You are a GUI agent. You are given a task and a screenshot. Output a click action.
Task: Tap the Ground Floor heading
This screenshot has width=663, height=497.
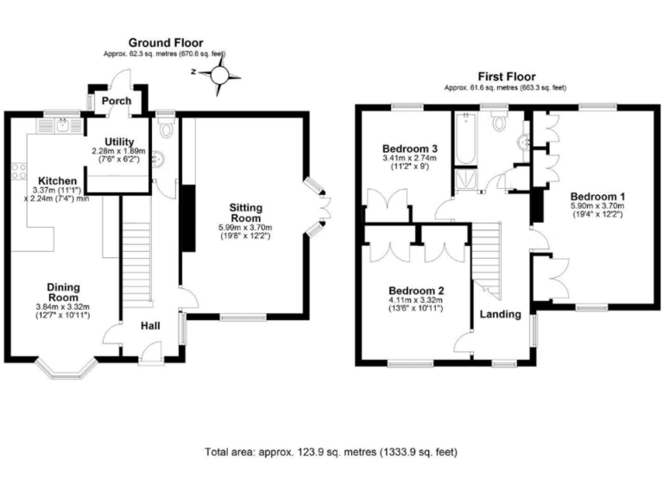coord(165,42)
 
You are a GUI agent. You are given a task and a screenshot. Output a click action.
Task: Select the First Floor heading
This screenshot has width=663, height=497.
coord(505,76)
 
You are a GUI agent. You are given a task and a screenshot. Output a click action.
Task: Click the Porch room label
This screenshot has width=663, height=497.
coord(117,101)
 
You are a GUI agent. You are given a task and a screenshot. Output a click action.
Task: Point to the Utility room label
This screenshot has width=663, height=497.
coord(118,141)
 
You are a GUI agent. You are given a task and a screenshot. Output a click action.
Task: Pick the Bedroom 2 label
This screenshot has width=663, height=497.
coord(415,290)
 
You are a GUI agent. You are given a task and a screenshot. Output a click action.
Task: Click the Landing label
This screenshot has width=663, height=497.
coord(502,314)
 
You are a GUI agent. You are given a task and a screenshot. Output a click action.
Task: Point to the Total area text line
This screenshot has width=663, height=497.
coord(331,451)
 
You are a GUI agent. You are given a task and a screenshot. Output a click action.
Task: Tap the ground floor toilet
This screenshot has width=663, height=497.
coord(167,130)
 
